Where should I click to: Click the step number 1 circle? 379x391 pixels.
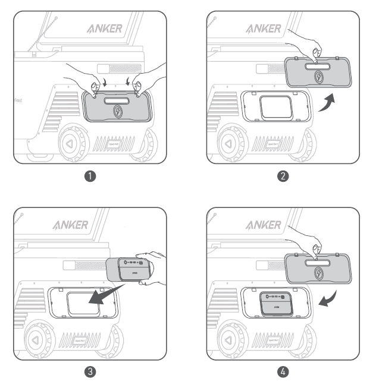89,176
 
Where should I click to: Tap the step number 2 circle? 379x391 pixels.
283,176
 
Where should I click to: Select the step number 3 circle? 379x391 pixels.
89,373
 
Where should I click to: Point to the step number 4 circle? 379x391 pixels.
283,373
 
